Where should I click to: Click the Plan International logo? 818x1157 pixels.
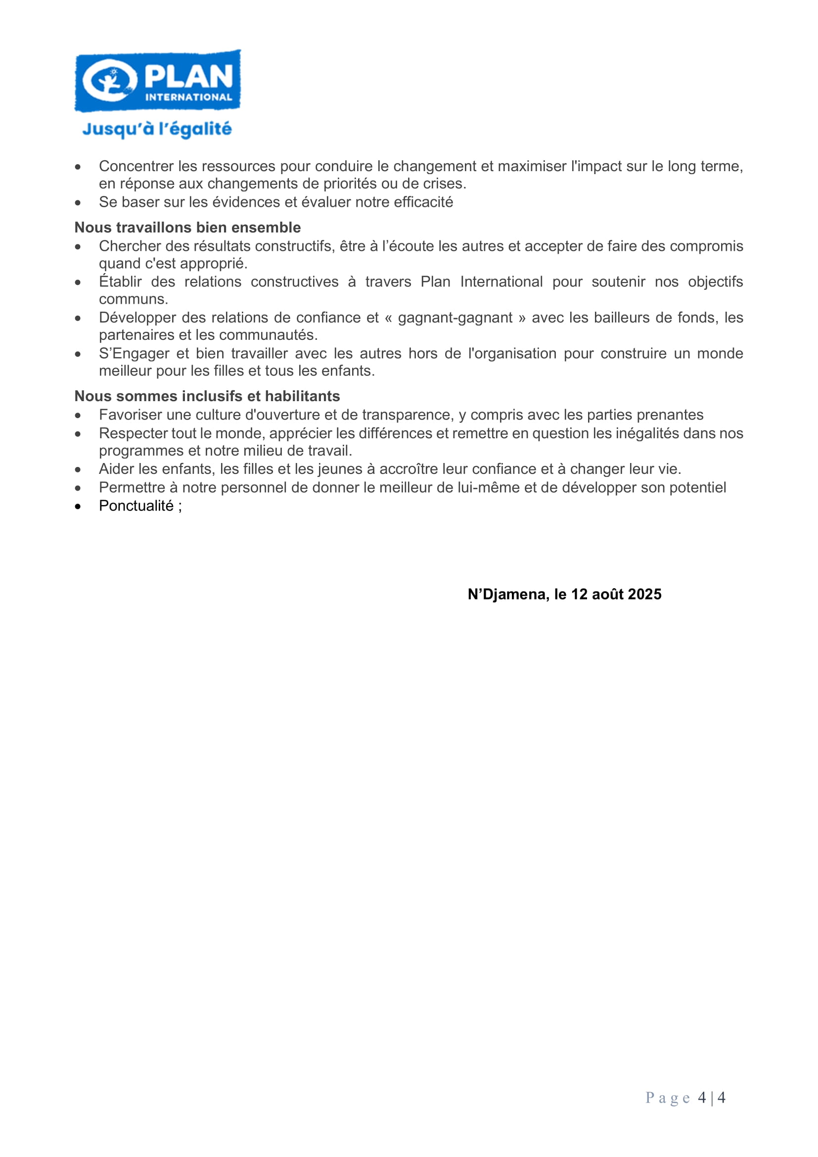pyautogui.click(x=157, y=81)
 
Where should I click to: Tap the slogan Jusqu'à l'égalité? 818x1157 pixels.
pyautogui.click(x=157, y=129)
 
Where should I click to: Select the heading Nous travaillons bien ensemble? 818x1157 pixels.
pyautogui.click(x=187, y=227)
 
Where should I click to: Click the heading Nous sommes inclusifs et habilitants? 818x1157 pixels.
pyautogui.click(x=207, y=396)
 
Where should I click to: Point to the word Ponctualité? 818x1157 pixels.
pyautogui.click(x=136, y=506)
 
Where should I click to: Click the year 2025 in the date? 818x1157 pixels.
pyautogui.click(x=644, y=594)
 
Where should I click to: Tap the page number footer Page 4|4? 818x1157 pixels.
pyautogui.click(x=685, y=1098)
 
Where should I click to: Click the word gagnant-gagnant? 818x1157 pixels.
pyautogui.click(x=455, y=318)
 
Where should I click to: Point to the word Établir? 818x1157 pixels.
pyautogui.click(x=120, y=281)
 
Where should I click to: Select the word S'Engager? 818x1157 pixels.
pyautogui.click(x=134, y=353)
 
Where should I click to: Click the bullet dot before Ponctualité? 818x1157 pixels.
pyautogui.click(x=78, y=507)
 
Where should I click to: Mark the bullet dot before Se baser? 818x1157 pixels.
pyautogui.click(x=78, y=203)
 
